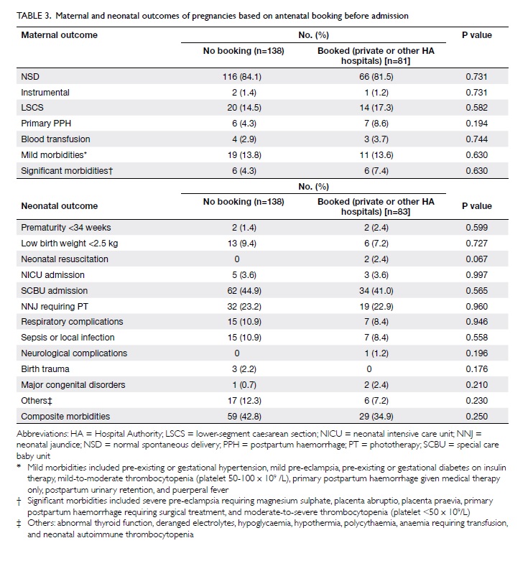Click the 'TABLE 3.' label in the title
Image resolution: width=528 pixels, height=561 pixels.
point(34,16)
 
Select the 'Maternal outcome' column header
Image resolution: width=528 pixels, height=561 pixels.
point(60,35)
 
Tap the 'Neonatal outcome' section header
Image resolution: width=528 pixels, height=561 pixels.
point(60,206)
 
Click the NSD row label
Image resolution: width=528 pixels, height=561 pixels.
point(30,77)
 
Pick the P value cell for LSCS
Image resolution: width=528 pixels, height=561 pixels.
point(476,108)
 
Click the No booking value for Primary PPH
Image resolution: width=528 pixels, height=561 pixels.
point(244,124)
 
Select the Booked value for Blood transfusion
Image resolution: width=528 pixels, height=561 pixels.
point(376,139)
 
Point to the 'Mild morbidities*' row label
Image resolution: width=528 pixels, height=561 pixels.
point(54,155)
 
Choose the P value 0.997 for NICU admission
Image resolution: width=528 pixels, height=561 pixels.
point(476,275)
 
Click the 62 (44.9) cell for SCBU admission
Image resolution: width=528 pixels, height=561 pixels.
point(244,290)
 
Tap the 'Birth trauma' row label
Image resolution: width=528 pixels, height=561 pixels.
point(45,369)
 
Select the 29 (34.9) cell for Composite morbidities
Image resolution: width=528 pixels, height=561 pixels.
point(376,417)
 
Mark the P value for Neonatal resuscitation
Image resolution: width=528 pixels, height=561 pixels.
point(476,259)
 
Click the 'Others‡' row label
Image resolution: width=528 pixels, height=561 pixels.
point(37,401)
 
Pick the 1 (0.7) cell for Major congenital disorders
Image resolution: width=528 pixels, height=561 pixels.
point(244,385)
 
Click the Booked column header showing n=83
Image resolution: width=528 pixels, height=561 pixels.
point(376,207)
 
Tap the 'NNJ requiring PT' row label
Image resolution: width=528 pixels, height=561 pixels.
point(55,307)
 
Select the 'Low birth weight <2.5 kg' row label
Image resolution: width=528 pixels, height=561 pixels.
point(70,244)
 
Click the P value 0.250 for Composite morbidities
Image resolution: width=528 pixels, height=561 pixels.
point(476,417)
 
